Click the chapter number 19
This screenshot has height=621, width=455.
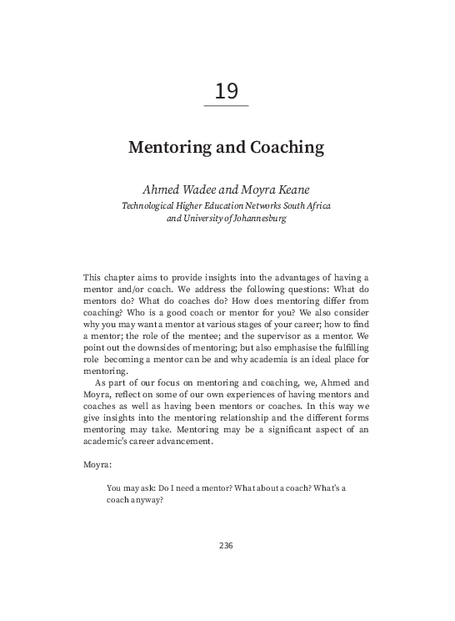click(x=227, y=89)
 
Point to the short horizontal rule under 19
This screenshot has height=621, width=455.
click(x=227, y=106)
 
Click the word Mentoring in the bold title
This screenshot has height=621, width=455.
click(x=169, y=148)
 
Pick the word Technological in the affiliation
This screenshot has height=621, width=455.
click(x=151, y=206)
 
